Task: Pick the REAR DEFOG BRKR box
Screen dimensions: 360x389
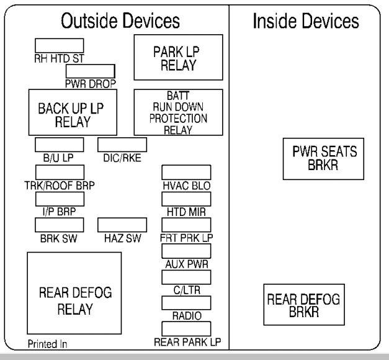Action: [303, 305]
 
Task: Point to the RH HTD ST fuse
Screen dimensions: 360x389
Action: [59, 45]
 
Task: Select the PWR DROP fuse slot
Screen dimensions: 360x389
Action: [90, 70]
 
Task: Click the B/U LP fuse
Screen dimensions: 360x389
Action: [59, 145]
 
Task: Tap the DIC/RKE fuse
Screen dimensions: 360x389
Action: [122, 145]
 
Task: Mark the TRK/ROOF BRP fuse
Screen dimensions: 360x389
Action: [59, 172]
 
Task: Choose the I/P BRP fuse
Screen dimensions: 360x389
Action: [59, 199]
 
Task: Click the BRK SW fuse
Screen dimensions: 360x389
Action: [59, 225]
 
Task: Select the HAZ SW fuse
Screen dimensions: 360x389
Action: [122, 225]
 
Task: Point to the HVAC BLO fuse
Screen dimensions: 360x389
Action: [186, 172]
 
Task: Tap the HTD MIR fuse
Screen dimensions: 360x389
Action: [186, 199]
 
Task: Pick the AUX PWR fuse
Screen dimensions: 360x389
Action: [186, 251]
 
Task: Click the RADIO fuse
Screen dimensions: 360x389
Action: [186, 302]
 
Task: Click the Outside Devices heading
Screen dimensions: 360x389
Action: [119, 22]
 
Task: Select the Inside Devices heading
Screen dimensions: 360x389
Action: [305, 22]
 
